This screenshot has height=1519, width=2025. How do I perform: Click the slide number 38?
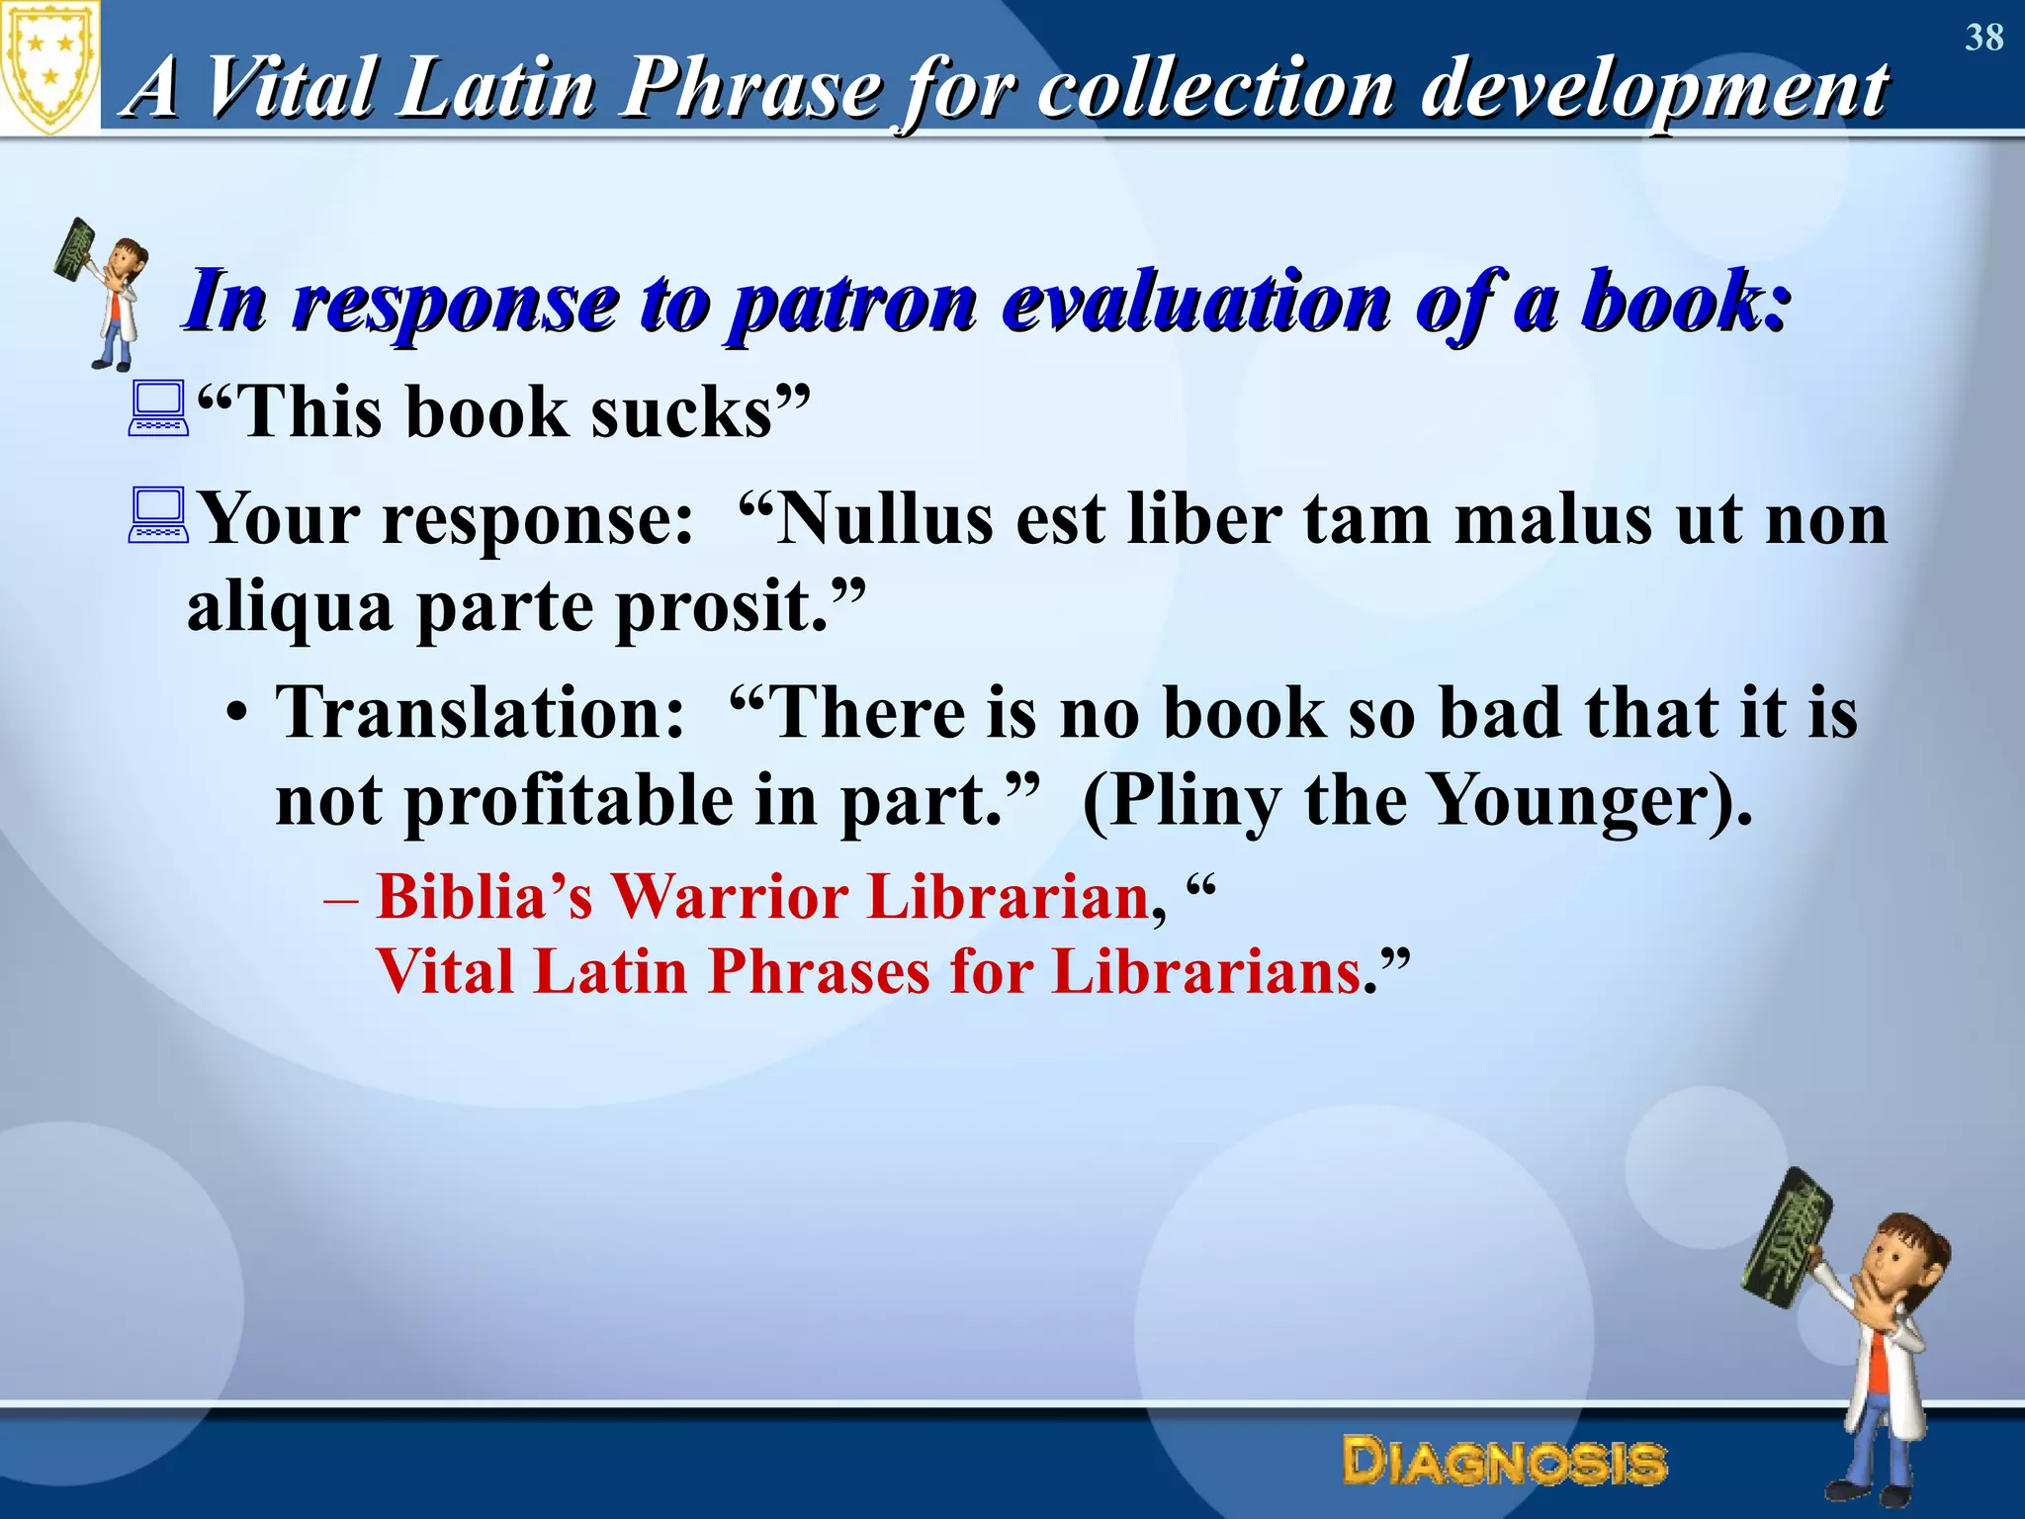tap(1983, 38)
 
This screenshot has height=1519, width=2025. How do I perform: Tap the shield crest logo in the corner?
tap(49, 67)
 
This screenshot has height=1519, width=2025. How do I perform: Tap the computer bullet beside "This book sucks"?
tap(158, 409)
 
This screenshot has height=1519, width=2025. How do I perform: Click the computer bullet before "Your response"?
tap(158, 515)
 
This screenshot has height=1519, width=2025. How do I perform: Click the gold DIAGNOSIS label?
tap(1504, 1462)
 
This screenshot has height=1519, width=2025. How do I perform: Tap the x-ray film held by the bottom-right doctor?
tap(1787, 1236)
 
